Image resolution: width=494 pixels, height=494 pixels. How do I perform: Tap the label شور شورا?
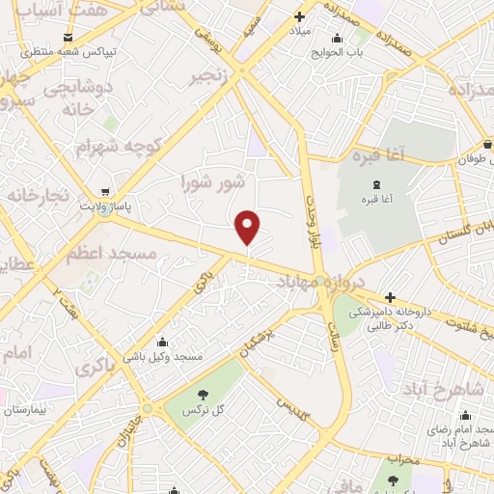(214, 181)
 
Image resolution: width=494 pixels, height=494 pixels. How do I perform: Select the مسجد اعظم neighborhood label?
(98, 254)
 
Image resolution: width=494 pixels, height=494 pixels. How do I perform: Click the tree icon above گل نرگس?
(204, 394)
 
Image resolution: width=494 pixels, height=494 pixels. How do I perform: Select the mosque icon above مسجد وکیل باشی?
(162, 342)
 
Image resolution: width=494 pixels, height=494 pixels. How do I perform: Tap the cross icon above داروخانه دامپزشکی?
(390, 297)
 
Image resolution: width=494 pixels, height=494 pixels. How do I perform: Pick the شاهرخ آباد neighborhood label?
(445, 389)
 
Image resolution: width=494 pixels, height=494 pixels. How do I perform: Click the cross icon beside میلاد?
(299, 16)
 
